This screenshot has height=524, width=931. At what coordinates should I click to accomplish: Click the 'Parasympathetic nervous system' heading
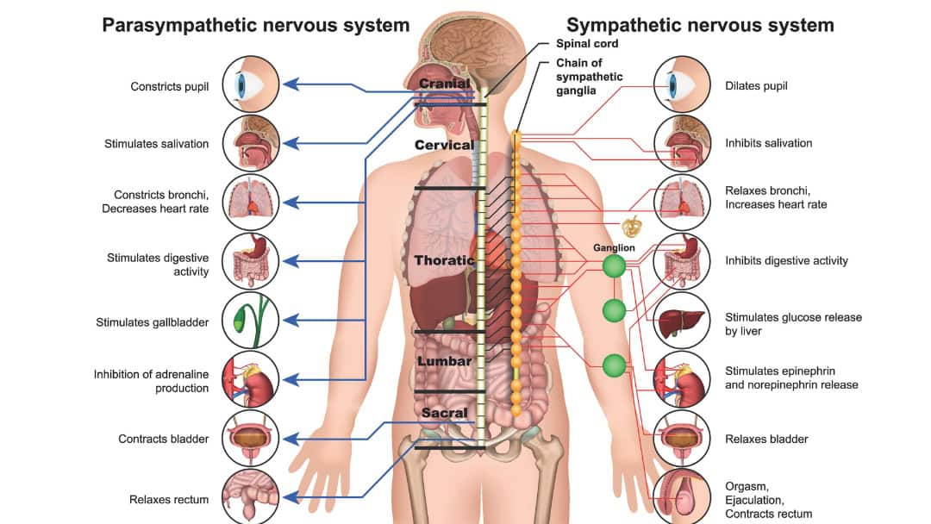click(256, 26)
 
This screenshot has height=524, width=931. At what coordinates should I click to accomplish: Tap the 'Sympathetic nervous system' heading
click(700, 26)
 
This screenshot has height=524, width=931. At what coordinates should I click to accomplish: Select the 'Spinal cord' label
click(587, 43)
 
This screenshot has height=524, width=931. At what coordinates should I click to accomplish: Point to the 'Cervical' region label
click(444, 145)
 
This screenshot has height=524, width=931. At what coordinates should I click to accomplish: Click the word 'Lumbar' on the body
click(444, 361)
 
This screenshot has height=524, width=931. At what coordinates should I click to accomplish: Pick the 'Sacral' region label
click(444, 413)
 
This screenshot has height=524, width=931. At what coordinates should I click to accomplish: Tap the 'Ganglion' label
click(614, 248)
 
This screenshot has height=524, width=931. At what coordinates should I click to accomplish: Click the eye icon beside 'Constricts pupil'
click(251, 84)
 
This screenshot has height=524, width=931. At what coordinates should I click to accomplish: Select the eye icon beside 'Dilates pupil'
click(682, 84)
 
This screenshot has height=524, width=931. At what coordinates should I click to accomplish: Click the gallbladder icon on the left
click(251, 321)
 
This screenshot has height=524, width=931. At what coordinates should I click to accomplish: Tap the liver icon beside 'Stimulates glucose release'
click(682, 321)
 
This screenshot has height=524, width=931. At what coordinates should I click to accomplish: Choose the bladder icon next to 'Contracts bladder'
click(251, 439)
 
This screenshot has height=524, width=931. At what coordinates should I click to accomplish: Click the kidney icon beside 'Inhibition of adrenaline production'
click(251, 379)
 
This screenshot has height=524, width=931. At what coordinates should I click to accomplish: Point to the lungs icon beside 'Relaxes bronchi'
click(682, 203)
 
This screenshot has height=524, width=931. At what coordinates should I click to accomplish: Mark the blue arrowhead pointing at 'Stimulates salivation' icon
click(290, 143)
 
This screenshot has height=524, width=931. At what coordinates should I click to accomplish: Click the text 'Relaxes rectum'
click(169, 500)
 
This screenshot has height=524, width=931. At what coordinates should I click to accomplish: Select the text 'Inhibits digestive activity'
click(786, 260)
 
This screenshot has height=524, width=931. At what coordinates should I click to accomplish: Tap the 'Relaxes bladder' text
click(766, 440)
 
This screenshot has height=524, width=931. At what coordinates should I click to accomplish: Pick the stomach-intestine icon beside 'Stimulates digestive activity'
click(251, 261)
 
